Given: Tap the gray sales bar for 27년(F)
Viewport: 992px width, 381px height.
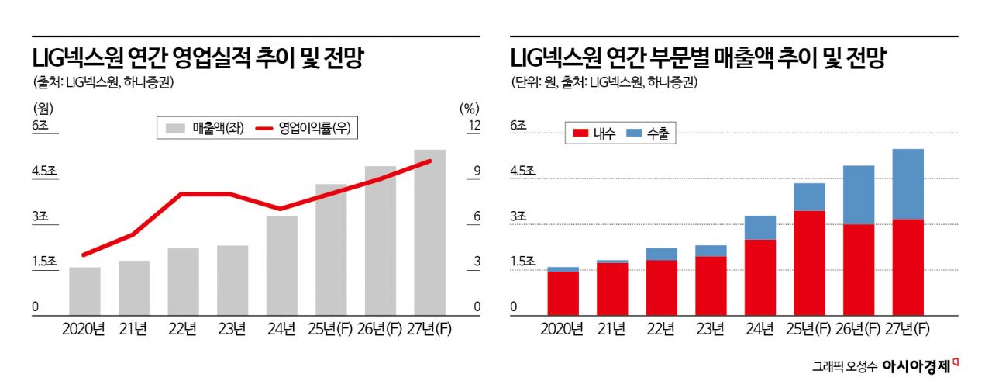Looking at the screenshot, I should point(429,233).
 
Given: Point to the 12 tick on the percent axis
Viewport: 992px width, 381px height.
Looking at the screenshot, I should point(474,125).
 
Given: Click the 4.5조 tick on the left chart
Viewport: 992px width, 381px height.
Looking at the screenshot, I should point(44,171).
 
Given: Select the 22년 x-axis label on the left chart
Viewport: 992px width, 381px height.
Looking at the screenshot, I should point(183,328).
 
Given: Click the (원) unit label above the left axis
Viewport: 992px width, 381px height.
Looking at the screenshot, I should point(43,108).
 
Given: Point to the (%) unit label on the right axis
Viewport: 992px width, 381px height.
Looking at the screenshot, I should point(470,108).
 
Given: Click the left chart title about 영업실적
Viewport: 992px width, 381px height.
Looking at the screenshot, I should point(198,58).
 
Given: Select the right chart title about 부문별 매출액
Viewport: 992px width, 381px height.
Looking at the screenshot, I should point(697,58).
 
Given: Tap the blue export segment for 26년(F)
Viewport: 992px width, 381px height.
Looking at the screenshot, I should point(859,195).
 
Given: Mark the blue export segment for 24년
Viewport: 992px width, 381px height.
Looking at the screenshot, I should point(759,227).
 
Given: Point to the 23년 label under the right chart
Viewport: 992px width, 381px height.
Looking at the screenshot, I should point(710,328).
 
